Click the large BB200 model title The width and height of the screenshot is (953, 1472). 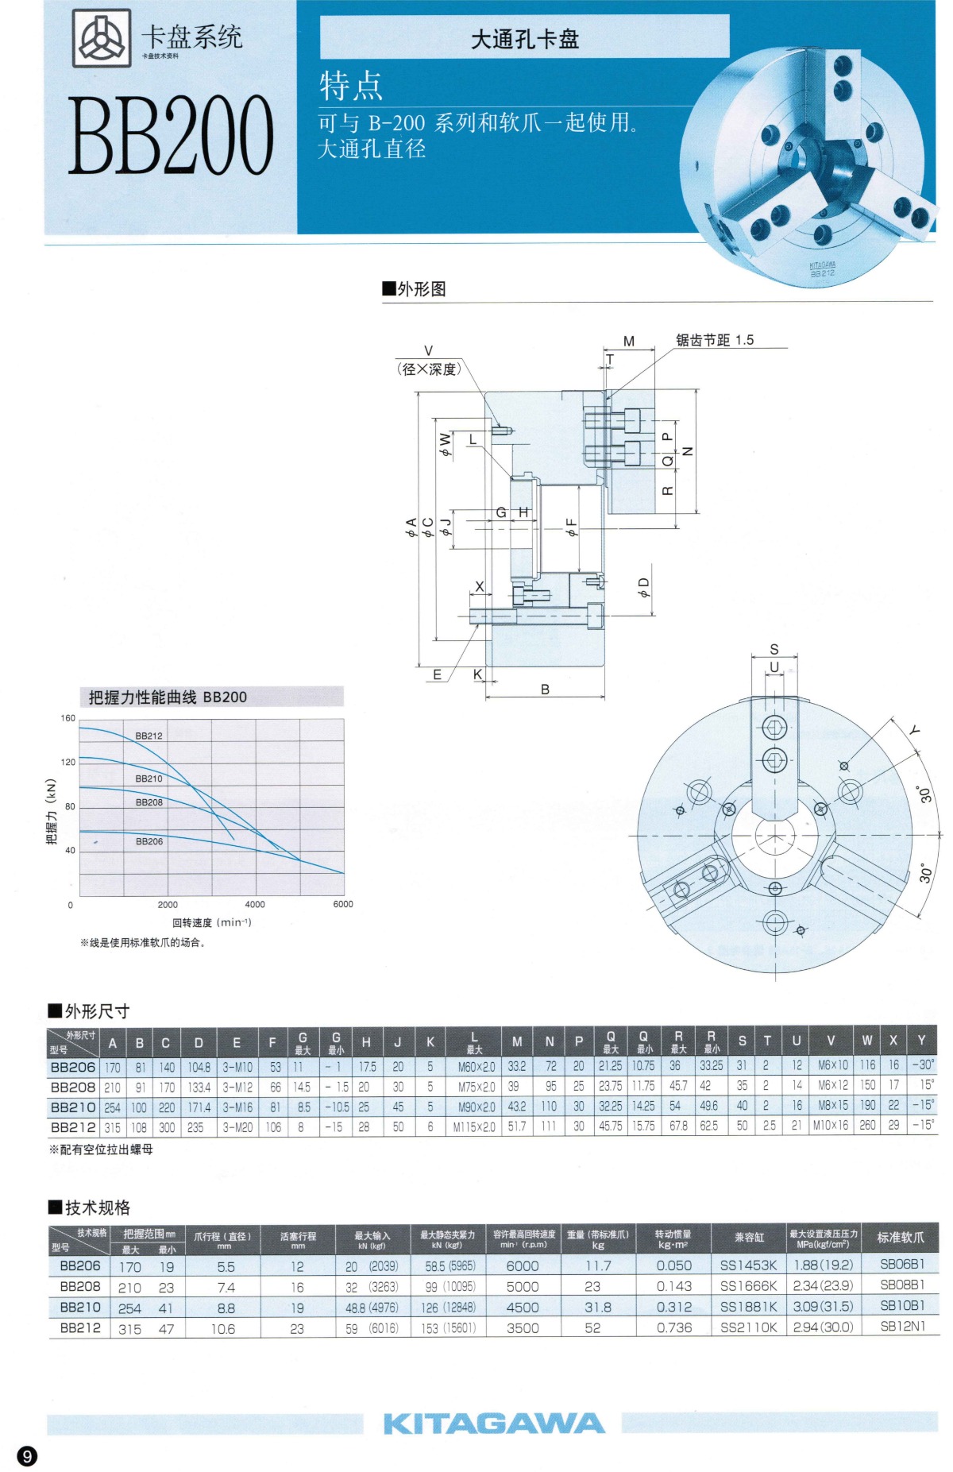171,135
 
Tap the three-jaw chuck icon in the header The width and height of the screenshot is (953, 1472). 102,37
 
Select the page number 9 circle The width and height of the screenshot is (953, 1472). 28,1455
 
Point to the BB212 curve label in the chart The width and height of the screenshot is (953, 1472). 149,736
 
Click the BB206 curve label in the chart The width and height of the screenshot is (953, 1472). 149,841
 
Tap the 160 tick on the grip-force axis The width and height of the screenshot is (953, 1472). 68,719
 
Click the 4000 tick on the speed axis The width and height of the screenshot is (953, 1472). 255,905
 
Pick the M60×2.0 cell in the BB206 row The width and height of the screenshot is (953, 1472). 476,1067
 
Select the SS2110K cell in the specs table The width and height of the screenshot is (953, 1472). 748,1327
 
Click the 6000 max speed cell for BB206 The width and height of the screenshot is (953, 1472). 523,1266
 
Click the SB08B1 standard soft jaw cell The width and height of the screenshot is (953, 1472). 902,1285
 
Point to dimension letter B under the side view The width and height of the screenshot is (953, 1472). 545,690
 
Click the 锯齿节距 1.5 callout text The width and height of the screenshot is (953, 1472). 714,340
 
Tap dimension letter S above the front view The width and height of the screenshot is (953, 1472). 774,650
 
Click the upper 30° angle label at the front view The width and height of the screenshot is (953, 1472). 925,794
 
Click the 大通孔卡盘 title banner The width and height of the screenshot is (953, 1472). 524,39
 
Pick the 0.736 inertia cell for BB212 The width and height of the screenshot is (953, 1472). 673,1327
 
